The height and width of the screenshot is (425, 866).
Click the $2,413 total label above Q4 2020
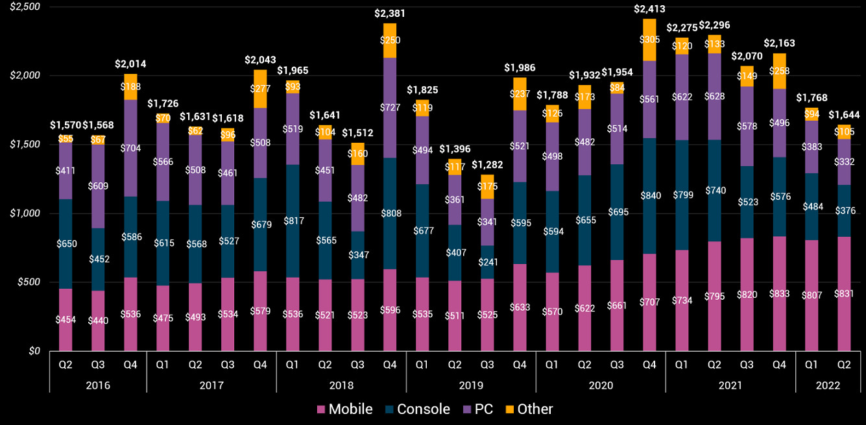649,9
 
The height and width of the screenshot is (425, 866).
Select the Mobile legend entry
344,409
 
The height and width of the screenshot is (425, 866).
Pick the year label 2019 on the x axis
471,385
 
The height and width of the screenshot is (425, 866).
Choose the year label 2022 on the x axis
828,385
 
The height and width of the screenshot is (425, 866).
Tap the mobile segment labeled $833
779,293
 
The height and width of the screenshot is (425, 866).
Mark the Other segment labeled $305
649,40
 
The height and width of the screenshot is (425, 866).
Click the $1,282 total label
487,165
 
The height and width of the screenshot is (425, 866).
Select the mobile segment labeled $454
66,319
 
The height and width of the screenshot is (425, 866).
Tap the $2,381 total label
390,13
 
